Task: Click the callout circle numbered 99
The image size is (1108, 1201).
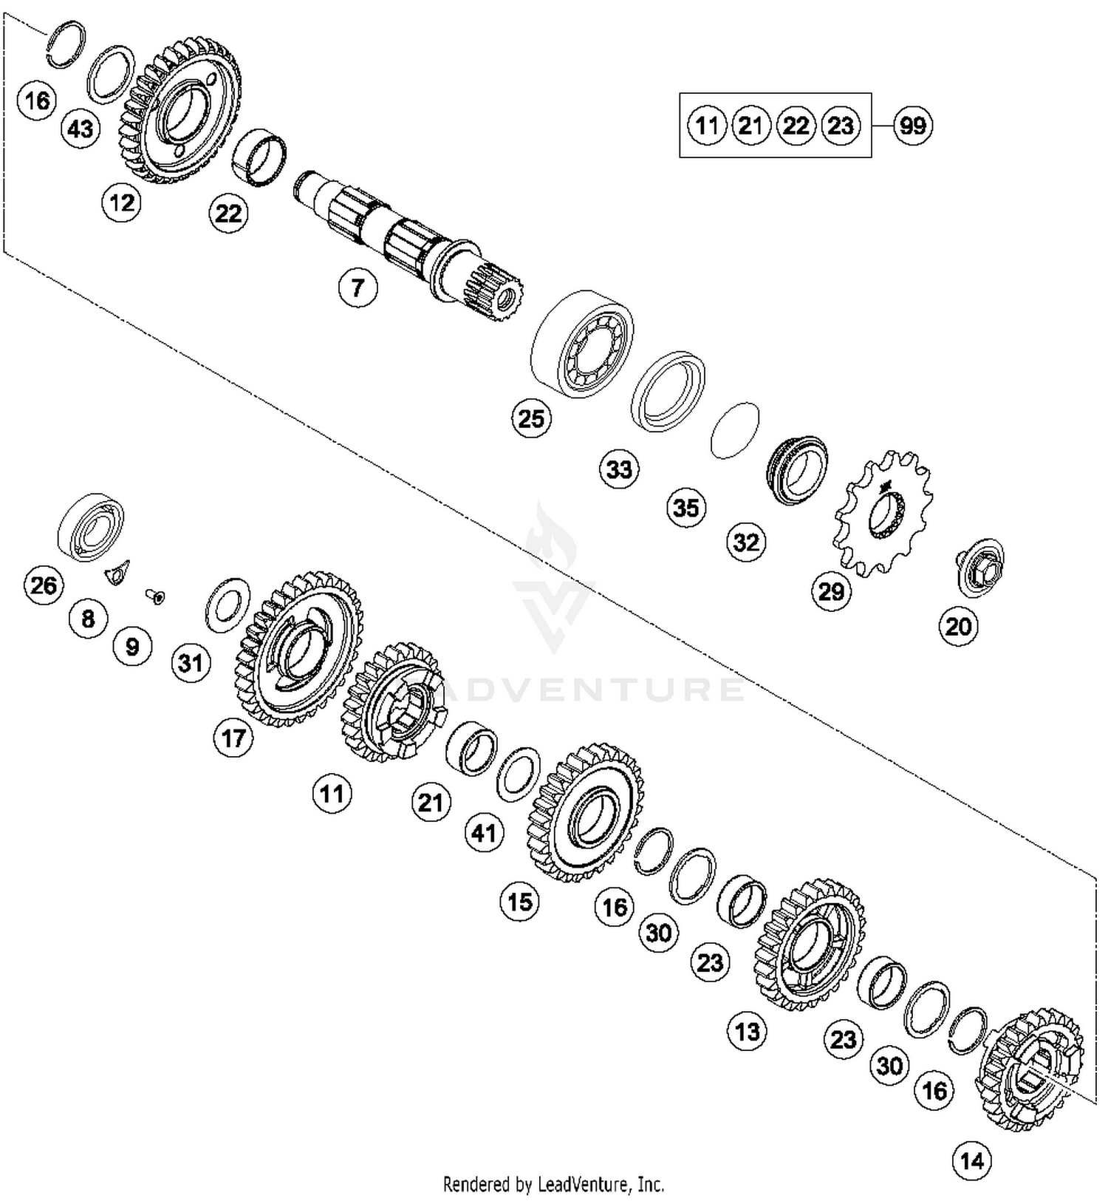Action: [912, 126]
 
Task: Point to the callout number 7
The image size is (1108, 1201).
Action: [358, 287]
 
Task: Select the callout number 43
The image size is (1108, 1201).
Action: [81, 129]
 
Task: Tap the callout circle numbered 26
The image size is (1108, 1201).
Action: [44, 585]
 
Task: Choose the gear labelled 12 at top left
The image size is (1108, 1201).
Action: [179, 111]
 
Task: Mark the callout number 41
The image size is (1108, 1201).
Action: [484, 833]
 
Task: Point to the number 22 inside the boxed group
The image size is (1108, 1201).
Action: [796, 126]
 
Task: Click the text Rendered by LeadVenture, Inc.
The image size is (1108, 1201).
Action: [553, 1185]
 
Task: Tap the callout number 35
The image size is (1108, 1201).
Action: [686, 508]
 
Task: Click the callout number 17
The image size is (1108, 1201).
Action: [233, 738]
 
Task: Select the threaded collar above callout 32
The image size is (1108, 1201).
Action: [795, 469]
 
